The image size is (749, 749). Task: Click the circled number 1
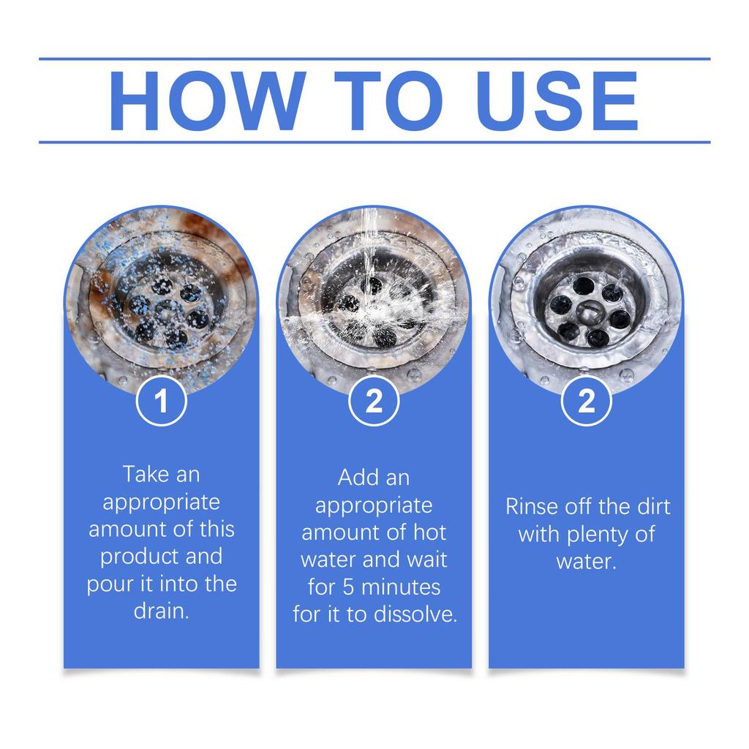coord(162,402)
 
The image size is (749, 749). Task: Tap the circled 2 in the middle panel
coord(374,402)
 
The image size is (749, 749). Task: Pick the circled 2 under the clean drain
coord(586,402)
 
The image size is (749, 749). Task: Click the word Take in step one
coord(146,474)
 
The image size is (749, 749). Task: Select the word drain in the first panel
coord(160,611)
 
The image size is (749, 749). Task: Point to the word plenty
coord(598,534)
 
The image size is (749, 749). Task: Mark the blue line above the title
coord(374,59)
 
